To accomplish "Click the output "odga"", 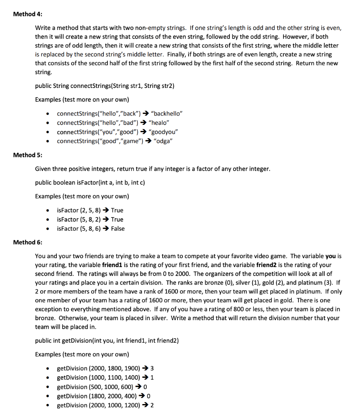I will click(x=163, y=141).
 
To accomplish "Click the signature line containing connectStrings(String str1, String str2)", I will click(x=105, y=86).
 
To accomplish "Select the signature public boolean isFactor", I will click(x=90, y=182).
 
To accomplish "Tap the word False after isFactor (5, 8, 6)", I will click(x=118, y=229).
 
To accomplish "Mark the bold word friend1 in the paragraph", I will click(x=120, y=265).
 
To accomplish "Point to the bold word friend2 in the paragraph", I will click(x=268, y=265).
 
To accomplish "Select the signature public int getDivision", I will click(x=107, y=340).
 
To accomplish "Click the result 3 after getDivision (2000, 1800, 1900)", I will click(x=152, y=368).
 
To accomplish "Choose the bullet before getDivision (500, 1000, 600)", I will click(x=49, y=387).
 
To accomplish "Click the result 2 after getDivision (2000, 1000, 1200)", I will click(x=152, y=405).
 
